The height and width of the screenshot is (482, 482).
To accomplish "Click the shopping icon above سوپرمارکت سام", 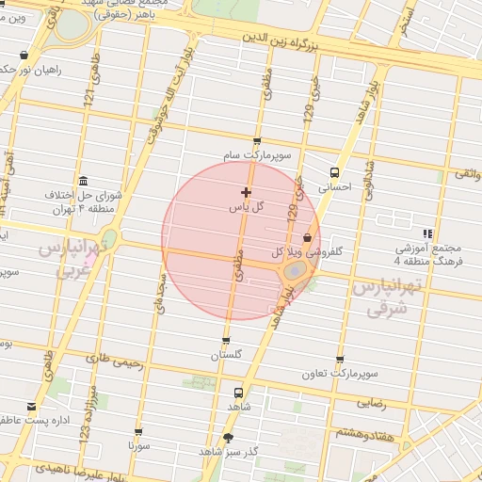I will (x=257, y=141).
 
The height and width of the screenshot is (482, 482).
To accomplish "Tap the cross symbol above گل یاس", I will (x=247, y=192).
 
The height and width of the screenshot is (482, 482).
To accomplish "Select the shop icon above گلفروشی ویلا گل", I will (x=308, y=239).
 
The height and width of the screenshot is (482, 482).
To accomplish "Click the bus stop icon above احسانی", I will (x=334, y=172).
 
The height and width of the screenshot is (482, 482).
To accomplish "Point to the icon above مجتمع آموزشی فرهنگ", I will (x=428, y=233).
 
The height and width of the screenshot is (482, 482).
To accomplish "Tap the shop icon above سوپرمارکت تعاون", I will (x=340, y=360).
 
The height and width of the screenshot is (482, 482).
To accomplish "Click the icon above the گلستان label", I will (x=226, y=341).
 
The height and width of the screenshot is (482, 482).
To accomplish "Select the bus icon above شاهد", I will (x=237, y=393).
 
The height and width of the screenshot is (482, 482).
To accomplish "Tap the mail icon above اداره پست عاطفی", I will (x=33, y=406).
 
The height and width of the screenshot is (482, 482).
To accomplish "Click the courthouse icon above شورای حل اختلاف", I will (x=84, y=181).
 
